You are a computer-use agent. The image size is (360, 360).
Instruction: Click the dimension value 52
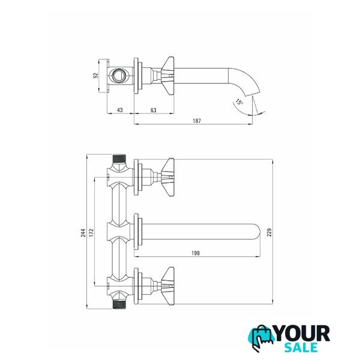(96, 76)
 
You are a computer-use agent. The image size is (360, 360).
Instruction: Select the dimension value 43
(120, 110)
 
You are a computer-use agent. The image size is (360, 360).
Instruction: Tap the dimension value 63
(154, 110)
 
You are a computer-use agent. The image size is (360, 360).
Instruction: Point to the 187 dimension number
(197, 121)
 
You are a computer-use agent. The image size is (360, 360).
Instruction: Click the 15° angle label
(239, 102)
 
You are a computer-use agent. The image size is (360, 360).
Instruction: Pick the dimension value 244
(83, 233)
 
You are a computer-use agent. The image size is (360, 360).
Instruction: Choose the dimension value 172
(92, 233)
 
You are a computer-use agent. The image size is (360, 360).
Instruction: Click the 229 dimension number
(269, 232)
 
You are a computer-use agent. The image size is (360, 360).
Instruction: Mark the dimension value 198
(196, 253)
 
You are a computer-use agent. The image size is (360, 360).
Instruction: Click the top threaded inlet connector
(119, 159)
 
